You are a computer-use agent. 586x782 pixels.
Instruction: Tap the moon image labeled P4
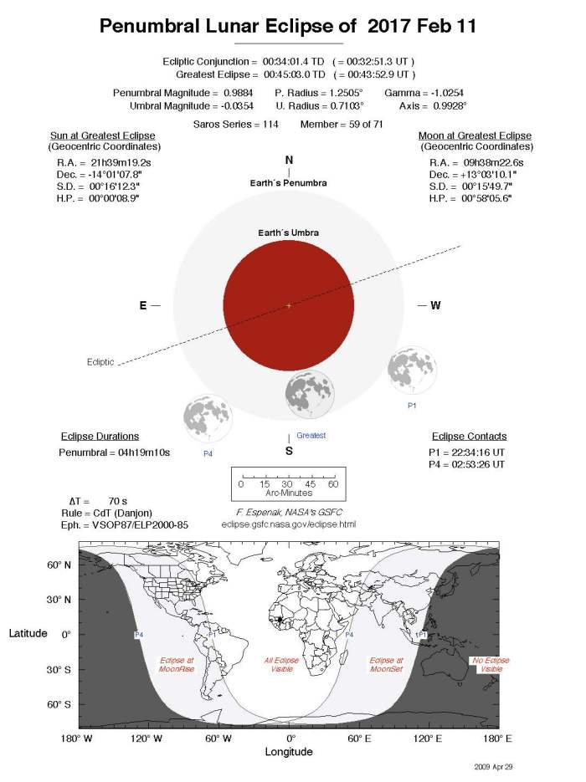pos(208,418)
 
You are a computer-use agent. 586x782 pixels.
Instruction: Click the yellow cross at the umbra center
pos(289,305)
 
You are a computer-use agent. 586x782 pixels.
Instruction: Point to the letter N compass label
pos(289,161)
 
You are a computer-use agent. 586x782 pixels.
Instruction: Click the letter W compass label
pos(435,305)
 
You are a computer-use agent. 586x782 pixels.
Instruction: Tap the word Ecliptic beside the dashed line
pos(100,362)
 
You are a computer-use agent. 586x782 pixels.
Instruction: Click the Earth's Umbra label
pos(289,232)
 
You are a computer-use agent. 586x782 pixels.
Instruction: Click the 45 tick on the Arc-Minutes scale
pos(311,484)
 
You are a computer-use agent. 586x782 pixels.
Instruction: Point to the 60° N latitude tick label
pos(60,565)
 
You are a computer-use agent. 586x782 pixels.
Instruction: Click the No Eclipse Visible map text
pos(491,666)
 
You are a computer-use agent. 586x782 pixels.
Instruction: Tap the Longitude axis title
pos(289,752)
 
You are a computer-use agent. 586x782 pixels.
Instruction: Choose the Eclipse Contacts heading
pos(469,437)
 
